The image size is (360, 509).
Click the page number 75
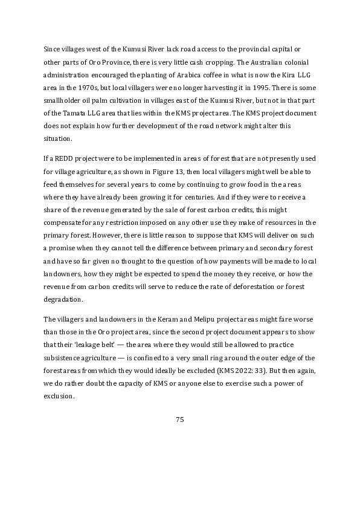[179, 420]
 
